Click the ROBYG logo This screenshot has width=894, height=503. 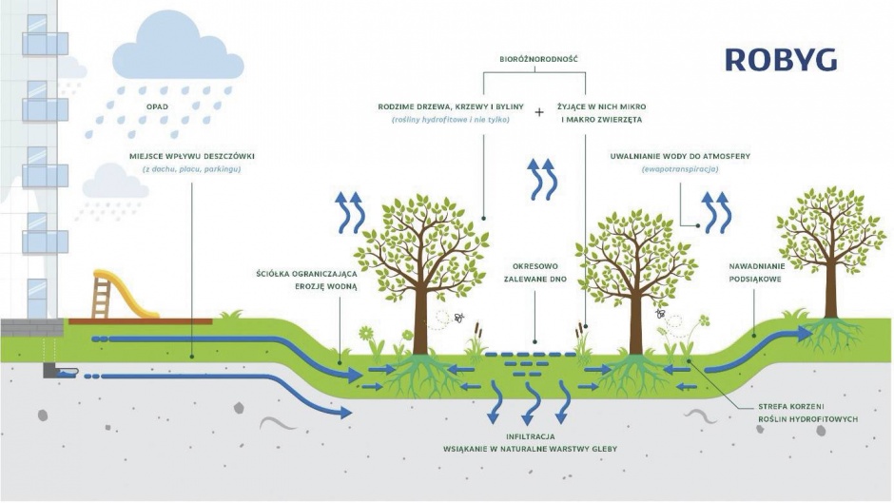[781, 60]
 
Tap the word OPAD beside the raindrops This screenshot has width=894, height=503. [157, 106]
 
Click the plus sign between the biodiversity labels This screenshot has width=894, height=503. [539, 112]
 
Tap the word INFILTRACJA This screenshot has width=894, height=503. [531, 436]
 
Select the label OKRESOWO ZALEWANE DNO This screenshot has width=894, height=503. [534, 273]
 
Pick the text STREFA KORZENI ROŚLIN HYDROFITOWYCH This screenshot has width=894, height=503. [807, 413]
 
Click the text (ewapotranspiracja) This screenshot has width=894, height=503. [680, 169]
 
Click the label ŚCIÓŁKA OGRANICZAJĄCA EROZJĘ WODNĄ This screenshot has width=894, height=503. [306, 280]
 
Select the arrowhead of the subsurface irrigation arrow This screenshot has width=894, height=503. [805, 334]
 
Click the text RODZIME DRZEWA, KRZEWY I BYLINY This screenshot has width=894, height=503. [451, 106]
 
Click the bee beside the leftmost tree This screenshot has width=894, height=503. [459, 317]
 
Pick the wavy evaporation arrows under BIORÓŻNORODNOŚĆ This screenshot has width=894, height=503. [542, 179]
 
